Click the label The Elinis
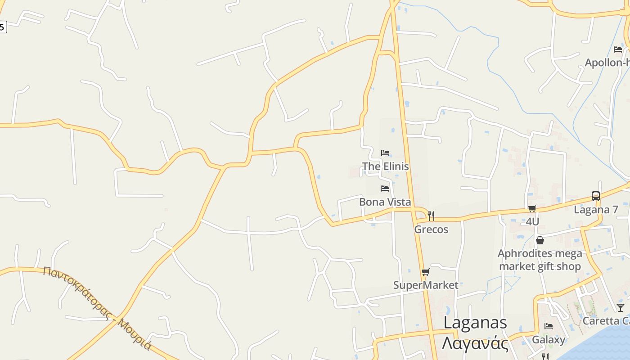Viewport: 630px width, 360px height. point(386,166)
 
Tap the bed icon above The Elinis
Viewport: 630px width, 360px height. point(385,153)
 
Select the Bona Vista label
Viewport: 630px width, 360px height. point(385,202)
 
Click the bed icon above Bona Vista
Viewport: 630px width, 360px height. point(385,189)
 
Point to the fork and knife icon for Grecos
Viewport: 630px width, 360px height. point(431,216)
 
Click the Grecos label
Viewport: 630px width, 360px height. point(431,229)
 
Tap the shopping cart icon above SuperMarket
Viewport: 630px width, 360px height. point(426,272)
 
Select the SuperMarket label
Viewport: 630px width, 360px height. point(426,285)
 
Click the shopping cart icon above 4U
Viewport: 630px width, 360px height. point(532,208)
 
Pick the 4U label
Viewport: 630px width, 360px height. point(532,222)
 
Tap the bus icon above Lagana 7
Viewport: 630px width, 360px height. point(596,196)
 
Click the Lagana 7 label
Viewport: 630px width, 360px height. point(596,210)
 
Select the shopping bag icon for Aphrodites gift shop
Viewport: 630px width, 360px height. point(540,240)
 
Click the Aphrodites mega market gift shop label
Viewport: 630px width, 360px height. point(540,260)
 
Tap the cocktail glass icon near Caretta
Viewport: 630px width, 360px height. point(621,308)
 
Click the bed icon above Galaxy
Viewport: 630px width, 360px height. point(549,326)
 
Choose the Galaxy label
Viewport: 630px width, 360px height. point(549,340)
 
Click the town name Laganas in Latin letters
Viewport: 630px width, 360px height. point(475,323)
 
